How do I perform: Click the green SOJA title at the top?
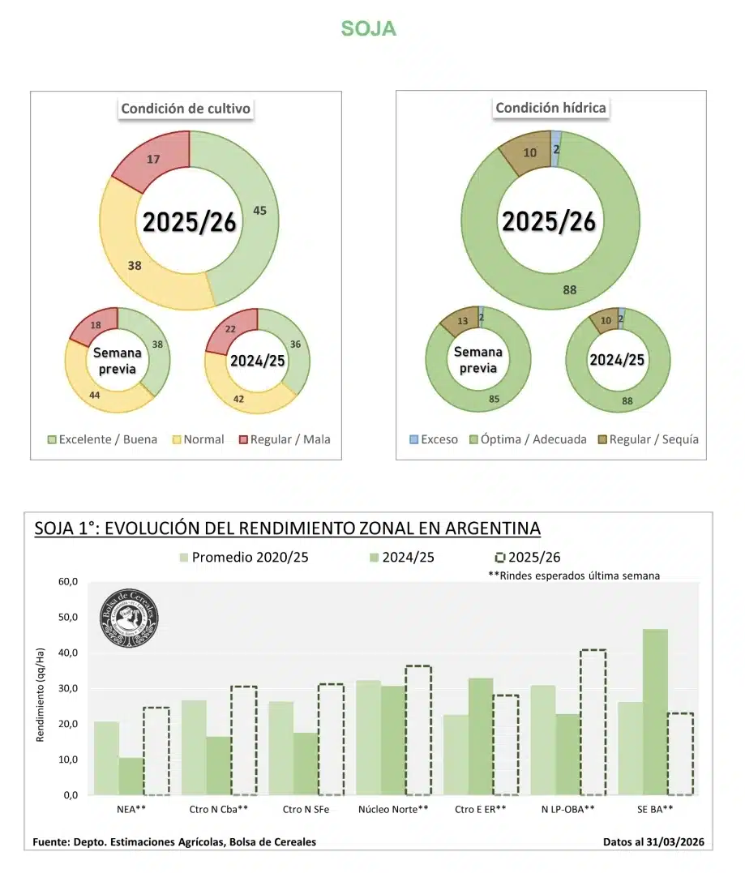click(368, 28)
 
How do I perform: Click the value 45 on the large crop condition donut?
click(259, 211)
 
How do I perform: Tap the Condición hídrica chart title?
click(550, 108)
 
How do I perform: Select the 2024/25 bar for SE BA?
click(655, 712)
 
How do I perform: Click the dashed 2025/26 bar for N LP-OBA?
click(593, 721)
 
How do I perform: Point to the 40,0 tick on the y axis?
click(66, 653)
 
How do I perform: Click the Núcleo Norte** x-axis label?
click(393, 809)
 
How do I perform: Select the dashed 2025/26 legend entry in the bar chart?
click(527, 557)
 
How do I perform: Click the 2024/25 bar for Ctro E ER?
click(481, 736)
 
